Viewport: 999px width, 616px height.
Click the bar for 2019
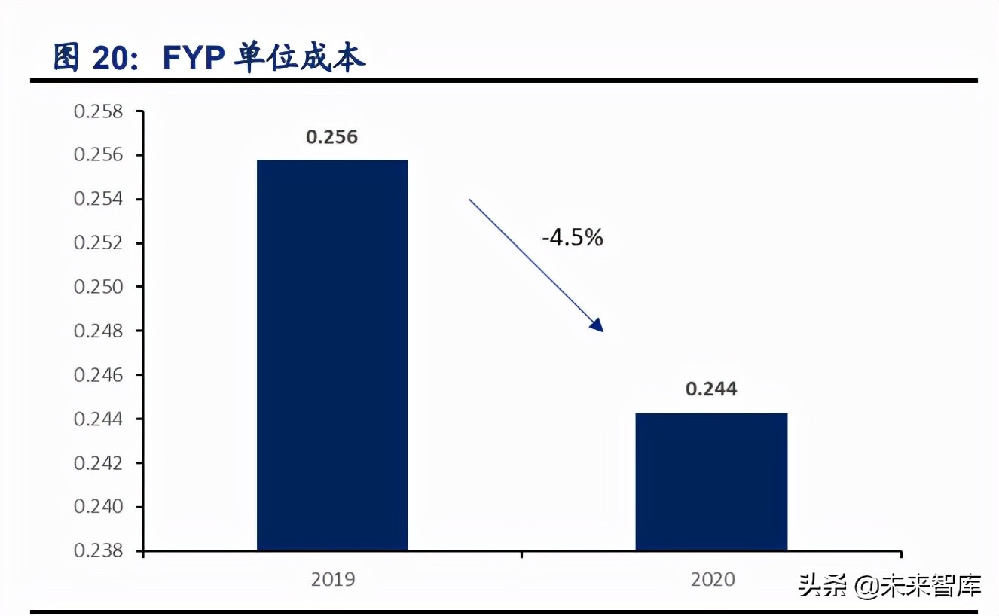point(332,355)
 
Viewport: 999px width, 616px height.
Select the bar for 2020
point(711,481)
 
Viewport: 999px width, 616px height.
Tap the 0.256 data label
point(331,137)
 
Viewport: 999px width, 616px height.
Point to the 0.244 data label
point(711,389)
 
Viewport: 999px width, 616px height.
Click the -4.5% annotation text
point(573,238)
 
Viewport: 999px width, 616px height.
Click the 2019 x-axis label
point(332,580)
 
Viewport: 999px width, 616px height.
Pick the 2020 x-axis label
point(711,580)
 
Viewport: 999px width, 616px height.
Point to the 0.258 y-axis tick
point(98,112)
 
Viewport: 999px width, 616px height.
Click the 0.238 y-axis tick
point(98,550)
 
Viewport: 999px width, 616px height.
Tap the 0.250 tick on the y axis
point(98,287)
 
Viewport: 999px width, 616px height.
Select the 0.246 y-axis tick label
point(98,375)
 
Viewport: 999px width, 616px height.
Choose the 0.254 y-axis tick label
point(98,200)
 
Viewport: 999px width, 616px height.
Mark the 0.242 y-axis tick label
point(98,462)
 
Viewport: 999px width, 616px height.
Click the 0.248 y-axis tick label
point(98,331)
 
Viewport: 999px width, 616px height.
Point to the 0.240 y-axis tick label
point(98,506)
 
